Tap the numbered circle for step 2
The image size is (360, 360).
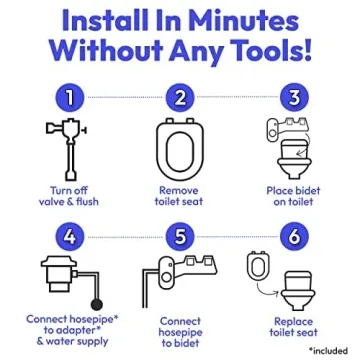(x=178, y=97)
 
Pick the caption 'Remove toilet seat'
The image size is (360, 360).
(x=179, y=194)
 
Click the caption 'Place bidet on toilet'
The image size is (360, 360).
(x=293, y=194)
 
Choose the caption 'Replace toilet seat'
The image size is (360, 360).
(x=293, y=328)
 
